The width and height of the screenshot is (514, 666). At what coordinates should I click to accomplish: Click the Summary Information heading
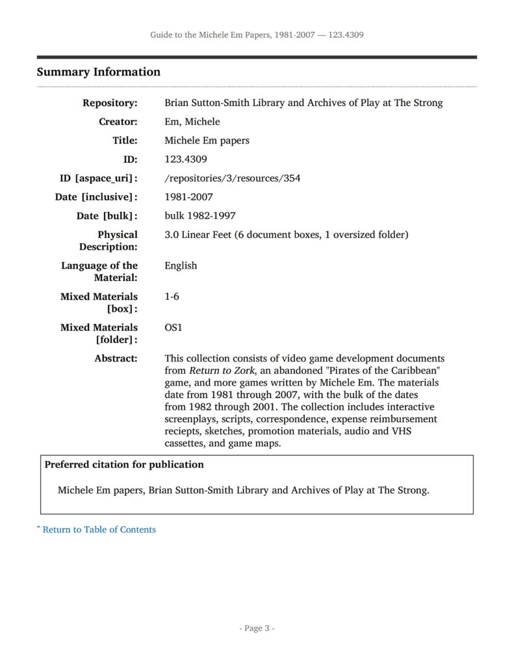[98, 72]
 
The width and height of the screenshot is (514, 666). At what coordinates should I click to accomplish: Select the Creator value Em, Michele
[192, 122]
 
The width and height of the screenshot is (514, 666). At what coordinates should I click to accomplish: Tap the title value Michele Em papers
[207, 140]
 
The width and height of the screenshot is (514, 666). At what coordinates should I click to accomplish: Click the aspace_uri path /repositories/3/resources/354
[232, 178]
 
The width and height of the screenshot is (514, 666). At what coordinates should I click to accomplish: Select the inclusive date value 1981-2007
[188, 197]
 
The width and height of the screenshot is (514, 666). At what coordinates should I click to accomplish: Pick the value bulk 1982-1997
[200, 216]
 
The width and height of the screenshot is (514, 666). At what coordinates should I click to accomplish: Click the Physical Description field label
[109, 241]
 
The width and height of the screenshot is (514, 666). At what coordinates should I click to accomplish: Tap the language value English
[181, 265]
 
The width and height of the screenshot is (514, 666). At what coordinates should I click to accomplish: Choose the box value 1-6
[172, 297]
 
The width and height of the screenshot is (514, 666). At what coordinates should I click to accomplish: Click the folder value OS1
[173, 328]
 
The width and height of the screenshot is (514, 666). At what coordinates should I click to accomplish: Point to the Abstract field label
[116, 358]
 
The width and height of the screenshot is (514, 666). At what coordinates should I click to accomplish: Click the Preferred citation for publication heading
[123, 465]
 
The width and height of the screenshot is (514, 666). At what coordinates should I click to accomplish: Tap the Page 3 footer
[257, 628]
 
